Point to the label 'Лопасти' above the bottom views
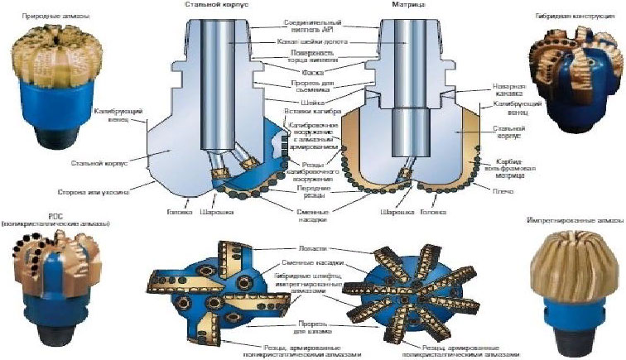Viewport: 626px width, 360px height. pos(307,247)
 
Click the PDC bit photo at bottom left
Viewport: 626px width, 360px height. pos(54,282)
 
